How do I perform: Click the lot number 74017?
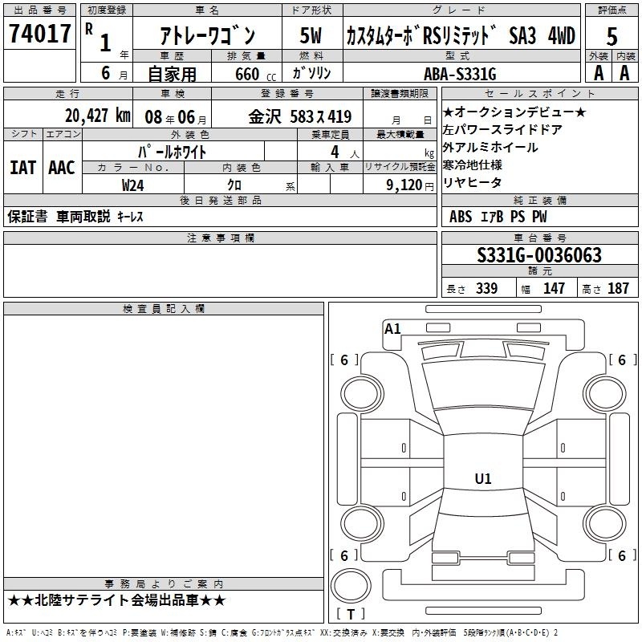[39, 34]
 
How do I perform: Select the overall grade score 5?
[612, 37]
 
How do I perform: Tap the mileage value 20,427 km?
[98, 116]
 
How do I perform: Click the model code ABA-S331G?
[460, 74]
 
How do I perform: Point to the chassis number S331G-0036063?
[539, 254]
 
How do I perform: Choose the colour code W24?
[132, 185]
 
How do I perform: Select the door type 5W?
[311, 35]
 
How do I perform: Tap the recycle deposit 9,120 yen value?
[409, 185]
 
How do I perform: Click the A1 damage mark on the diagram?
[392, 329]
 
